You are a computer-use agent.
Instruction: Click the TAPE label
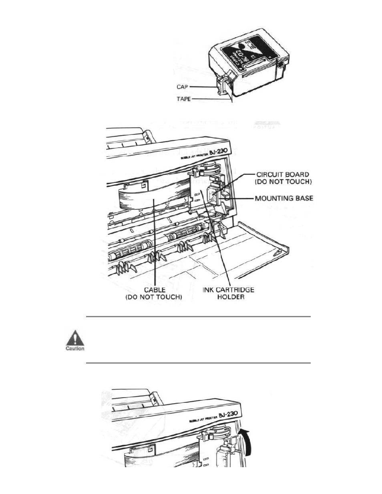[184, 99]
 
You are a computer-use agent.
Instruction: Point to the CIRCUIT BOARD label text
[282, 174]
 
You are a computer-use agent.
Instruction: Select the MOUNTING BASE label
[284, 198]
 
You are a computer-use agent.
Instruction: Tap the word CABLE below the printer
[154, 290]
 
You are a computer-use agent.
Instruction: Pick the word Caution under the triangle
[75, 348]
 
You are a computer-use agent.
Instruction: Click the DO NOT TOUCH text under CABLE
[154, 297]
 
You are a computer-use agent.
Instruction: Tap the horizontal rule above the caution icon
[198, 316]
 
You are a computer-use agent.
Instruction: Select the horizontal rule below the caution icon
[198, 363]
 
